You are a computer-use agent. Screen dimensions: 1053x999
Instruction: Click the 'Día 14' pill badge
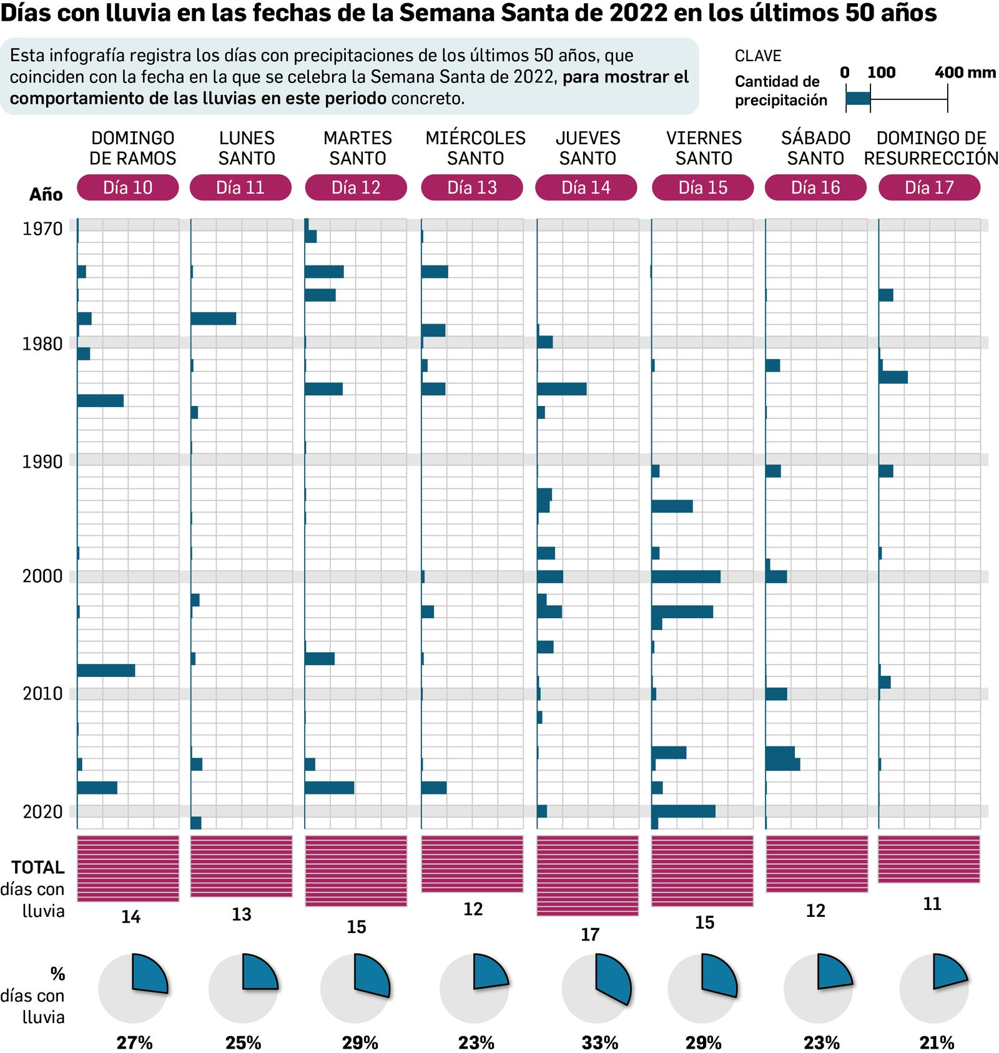[586, 187]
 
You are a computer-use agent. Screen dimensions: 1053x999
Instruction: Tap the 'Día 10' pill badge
[127, 187]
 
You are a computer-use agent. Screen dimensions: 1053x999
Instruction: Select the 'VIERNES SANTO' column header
[704, 148]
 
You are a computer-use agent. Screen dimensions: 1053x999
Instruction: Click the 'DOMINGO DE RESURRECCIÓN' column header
[930, 148]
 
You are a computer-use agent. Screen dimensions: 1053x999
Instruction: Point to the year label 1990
[42, 462]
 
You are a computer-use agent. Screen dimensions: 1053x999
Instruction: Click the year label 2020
[42, 812]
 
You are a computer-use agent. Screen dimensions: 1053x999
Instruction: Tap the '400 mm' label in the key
[965, 72]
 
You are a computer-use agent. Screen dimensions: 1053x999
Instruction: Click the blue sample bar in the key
[858, 98]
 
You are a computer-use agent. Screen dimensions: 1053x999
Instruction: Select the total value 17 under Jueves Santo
[589, 934]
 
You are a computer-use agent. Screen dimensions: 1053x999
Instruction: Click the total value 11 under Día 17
[932, 904]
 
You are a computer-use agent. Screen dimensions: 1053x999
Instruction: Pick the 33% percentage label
[599, 1042]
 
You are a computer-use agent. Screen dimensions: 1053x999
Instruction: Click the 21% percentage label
[937, 1042]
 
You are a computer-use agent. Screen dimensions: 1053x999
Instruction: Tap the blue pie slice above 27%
[148, 974]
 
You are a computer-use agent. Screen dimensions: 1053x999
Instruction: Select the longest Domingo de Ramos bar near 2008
[106, 670]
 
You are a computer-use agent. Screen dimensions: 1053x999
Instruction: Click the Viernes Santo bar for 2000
[686, 576]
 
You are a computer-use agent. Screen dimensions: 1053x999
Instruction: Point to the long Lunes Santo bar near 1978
[214, 319]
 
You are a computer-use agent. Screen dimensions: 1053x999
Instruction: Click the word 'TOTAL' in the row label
[38, 868]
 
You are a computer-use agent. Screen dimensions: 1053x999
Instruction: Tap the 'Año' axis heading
[46, 194]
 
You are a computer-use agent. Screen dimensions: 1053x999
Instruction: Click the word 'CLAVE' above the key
[757, 56]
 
